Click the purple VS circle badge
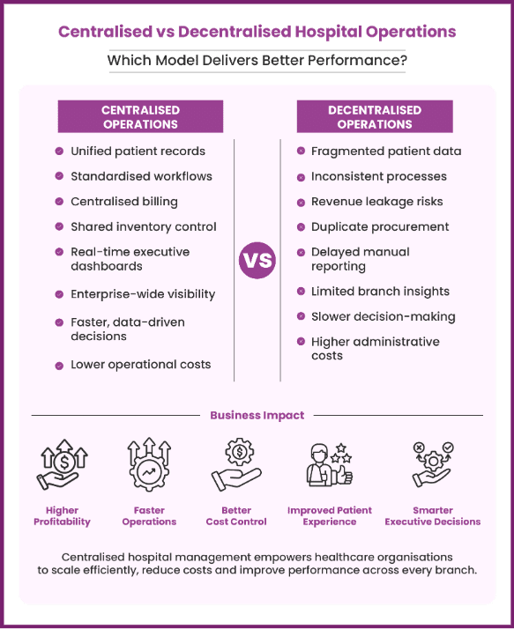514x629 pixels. point(257,260)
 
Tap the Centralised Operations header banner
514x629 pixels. point(140,116)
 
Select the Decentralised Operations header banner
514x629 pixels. point(375,116)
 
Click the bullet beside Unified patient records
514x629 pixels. point(59,152)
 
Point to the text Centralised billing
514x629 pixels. point(124,202)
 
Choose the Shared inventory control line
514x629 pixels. point(144,226)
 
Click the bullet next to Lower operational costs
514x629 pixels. point(59,366)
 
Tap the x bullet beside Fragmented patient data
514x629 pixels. point(301,151)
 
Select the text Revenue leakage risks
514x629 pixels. point(377,202)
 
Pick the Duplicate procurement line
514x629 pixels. point(380,226)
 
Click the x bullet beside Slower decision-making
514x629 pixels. point(301,316)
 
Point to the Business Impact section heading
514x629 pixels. point(257,415)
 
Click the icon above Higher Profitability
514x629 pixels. point(63,464)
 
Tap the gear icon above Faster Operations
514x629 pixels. point(149,464)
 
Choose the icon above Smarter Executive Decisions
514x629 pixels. point(433,464)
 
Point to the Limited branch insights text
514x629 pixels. point(380,292)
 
